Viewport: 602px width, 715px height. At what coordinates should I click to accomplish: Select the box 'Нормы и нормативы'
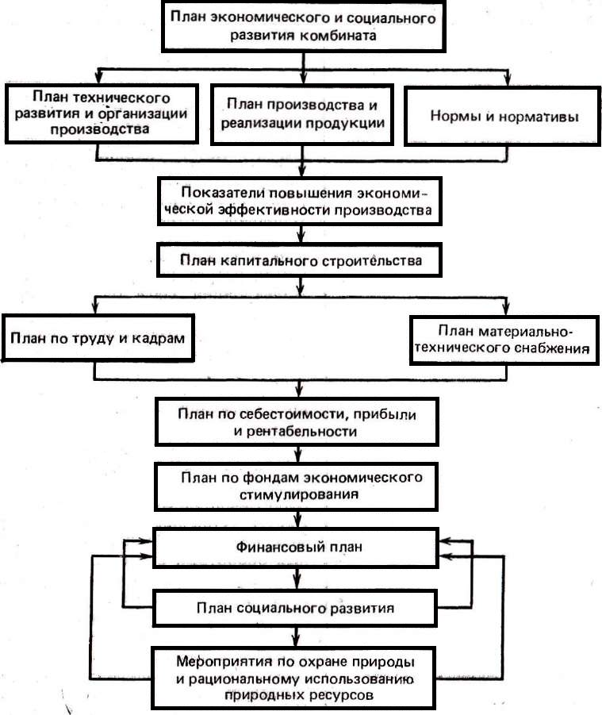(x=504, y=115)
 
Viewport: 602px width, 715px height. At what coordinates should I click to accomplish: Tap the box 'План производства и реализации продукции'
(x=301, y=114)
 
